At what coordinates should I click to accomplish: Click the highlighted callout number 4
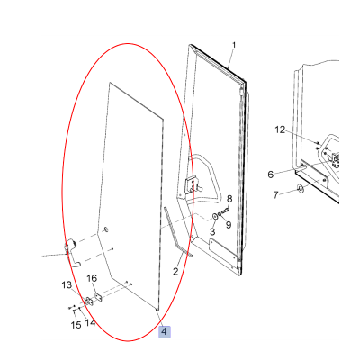click(165, 332)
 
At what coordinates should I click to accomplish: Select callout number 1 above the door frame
click(234, 46)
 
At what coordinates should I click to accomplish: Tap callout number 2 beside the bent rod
click(175, 272)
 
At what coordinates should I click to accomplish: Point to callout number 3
click(212, 231)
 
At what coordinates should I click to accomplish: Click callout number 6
click(271, 175)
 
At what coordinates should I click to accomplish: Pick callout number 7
click(276, 195)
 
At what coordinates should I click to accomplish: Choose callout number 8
click(229, 199)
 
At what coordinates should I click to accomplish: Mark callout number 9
click(229, 224)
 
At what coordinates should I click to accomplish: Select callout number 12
click(280, 130)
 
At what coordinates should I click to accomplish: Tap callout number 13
click(67, 284)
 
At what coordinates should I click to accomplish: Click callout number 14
click(90, 323)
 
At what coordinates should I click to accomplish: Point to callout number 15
click(76, 325)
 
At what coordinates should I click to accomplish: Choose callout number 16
click(92, 278)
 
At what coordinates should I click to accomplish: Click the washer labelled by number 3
click(215, 216)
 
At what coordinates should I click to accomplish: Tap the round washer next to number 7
click(300, 188)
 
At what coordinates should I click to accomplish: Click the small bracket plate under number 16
click(99, 297)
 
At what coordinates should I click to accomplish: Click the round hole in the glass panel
click(105, 229)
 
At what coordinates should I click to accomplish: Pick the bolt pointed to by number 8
click(224, 211)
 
